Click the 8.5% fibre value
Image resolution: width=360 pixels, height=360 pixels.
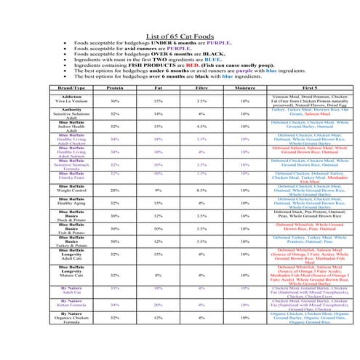point(202,190)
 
